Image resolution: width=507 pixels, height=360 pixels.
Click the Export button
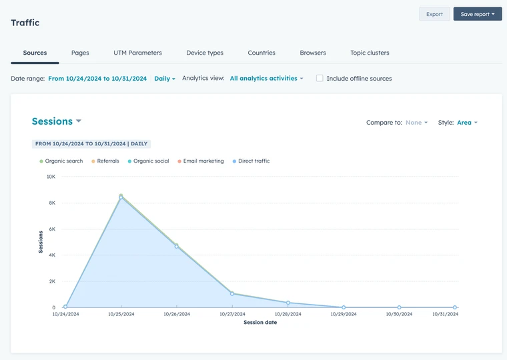tap(434, 14)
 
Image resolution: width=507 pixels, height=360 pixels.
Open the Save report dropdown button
tap(477, 14)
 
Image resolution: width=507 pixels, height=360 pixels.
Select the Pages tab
tap(80, 53)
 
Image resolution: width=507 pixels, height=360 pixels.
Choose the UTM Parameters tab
tap(137, 53)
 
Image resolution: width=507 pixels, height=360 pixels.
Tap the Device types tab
tap(205, 53)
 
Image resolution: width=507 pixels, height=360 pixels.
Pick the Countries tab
tap(262, 53)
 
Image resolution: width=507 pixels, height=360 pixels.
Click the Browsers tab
tap(313, 53)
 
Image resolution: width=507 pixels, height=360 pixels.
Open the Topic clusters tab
tap(370, 53)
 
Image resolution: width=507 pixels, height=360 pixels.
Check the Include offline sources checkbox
tap(320, 78)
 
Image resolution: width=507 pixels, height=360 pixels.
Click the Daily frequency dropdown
tap(164, 79)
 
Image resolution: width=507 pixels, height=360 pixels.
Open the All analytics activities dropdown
tap(266, 79)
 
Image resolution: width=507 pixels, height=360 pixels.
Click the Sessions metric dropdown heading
tap(57, 121)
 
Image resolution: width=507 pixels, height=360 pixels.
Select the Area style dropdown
tap(467, 123)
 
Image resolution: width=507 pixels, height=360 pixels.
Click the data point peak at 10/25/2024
tap(121, 197)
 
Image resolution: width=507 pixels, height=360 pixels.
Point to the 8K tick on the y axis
tap(51, 203)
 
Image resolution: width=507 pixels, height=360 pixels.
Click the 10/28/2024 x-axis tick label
tap(288, 314)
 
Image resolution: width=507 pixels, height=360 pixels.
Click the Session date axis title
tap(260, 323)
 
